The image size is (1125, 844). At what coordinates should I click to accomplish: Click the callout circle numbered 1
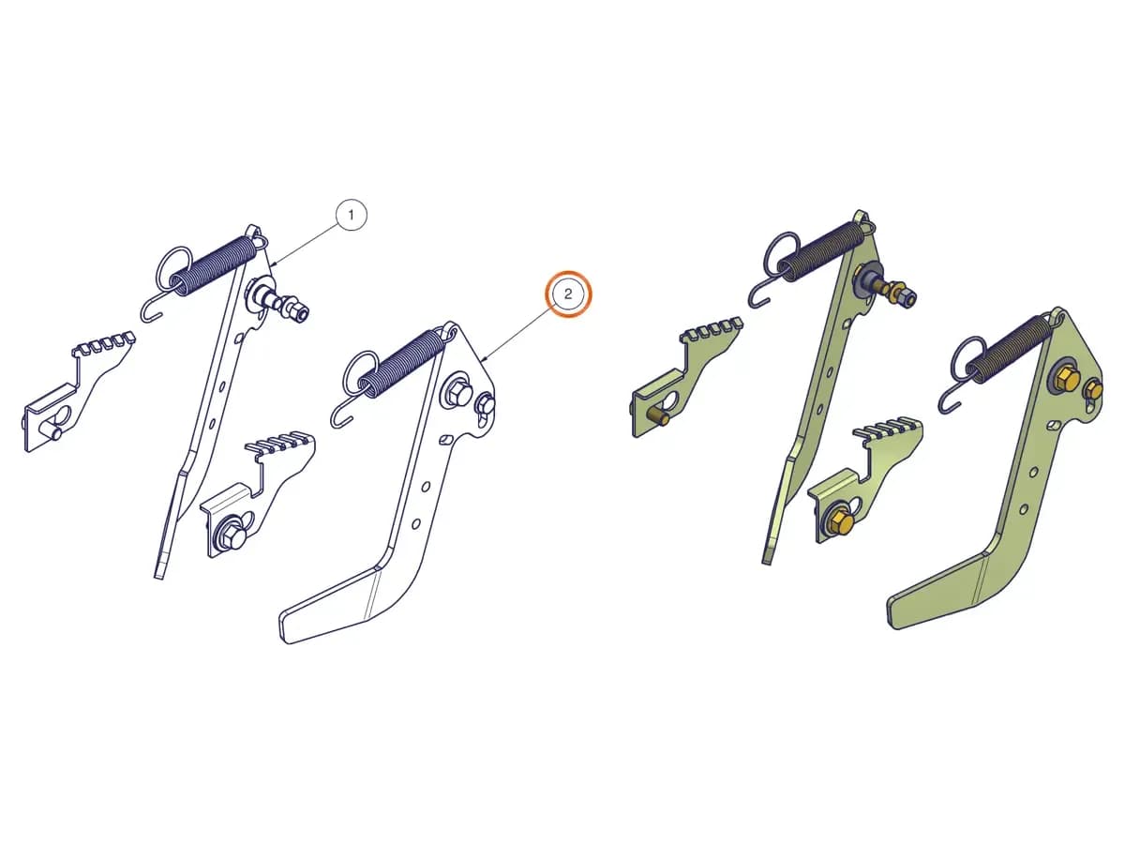tap(351, 216)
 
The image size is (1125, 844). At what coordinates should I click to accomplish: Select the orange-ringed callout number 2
tap(568, 294)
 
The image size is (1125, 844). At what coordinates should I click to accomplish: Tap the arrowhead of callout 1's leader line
tap(273, 264)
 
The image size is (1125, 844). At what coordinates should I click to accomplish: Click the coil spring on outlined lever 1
tap(215, 265)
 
